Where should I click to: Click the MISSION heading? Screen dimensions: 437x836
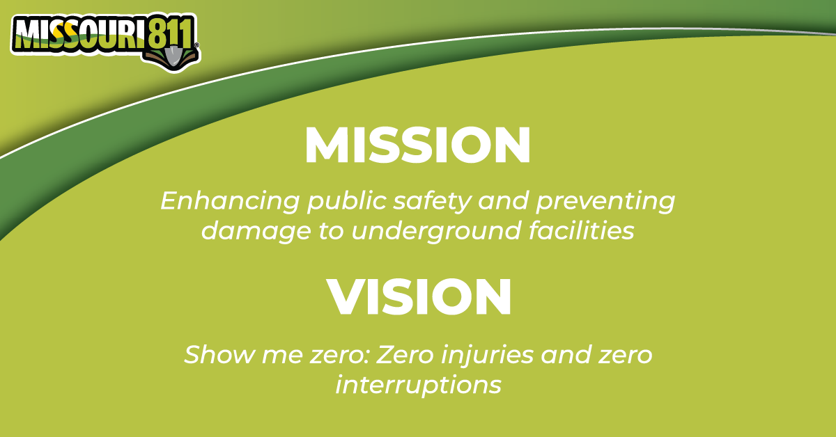[417, 145]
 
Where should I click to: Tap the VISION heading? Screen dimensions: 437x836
[419, 297]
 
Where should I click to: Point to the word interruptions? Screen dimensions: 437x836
[418, 385]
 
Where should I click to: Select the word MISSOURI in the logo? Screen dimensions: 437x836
[79, 35]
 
